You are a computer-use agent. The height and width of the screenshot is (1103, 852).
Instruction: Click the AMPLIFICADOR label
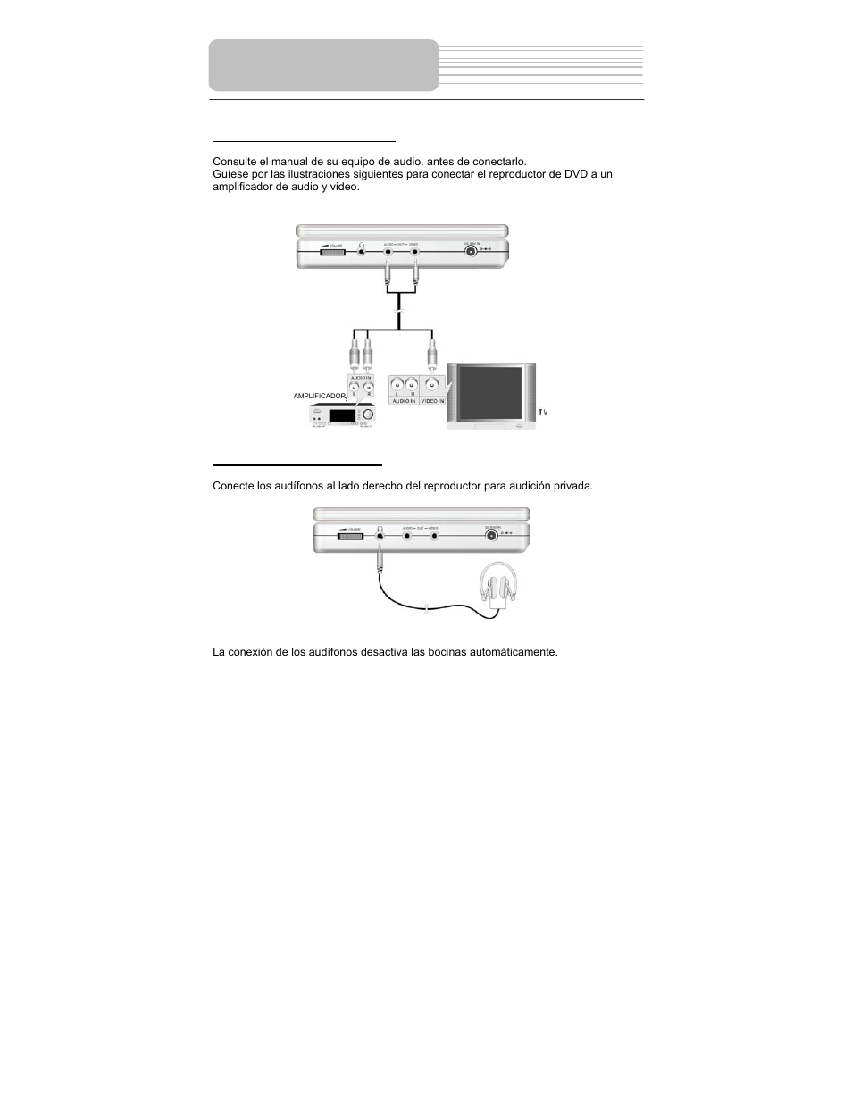pyautogui.click(x=319, y=396)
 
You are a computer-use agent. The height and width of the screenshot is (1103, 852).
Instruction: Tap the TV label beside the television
pyautogui.click(x=543, y=413)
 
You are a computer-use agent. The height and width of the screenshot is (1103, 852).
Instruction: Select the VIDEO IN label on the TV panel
pyautogui.click(x=433, y=402)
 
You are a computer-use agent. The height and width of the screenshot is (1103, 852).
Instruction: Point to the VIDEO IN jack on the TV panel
pyautogui.click(x=432, y=386)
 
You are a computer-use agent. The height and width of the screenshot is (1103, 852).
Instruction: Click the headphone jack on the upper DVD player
pyautogui.click(x=361, y=252)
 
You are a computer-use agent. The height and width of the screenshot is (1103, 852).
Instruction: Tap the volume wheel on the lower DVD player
pyautogui.click(x=350, y=535)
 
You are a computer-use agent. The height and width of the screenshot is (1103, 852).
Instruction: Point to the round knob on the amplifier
pyautogui.click(x=369, y=414)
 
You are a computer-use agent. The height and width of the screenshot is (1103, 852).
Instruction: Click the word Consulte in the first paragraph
pyautogui.click(x=234, y=162)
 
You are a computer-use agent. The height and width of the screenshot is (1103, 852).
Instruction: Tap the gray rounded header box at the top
pyautogui.click(x=323, y=65)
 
